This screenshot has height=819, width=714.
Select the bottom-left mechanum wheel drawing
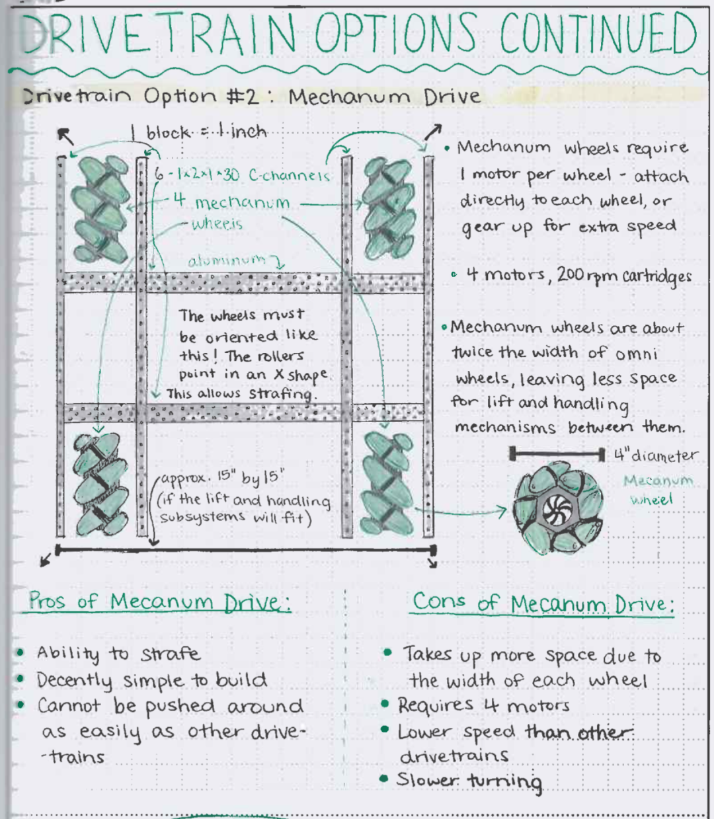[x=101, y=484]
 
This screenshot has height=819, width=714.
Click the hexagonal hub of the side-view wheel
[x=557, y=509]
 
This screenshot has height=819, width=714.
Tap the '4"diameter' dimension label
[x=655, y=455]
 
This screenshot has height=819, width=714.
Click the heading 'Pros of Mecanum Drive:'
[x=159, y=602]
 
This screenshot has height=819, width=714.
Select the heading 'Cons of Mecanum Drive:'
[x=543, y=603]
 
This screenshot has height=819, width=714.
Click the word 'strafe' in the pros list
[x=170, y=654]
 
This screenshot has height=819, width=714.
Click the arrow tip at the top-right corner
[x=437, y=127]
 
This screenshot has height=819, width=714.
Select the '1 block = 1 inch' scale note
[x=198, y=132]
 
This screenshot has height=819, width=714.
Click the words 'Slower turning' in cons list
[x=469, y=781]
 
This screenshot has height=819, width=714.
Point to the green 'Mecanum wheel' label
[x=657, y=489]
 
